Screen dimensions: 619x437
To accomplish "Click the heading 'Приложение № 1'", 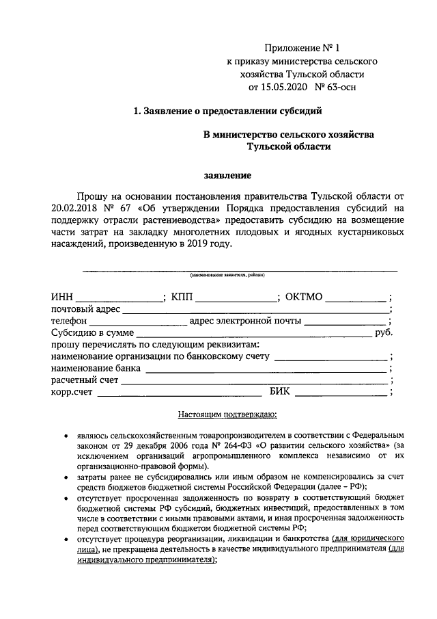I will tap(300, 48).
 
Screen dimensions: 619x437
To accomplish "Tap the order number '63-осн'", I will tap(341, 87).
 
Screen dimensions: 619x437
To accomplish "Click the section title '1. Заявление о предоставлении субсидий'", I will tap(227, 111).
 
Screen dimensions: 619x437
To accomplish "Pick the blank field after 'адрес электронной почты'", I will tap(345, 321).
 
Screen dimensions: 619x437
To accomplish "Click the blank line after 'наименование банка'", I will tap(266, 369).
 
